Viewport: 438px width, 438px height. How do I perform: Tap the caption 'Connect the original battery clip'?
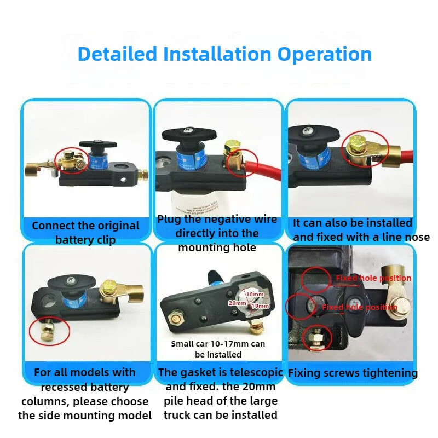85,233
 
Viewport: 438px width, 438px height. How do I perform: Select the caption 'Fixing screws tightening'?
353,373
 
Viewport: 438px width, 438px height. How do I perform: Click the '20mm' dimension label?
237,303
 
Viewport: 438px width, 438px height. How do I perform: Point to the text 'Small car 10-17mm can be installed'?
218,349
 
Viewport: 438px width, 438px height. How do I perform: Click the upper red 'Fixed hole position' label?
373,278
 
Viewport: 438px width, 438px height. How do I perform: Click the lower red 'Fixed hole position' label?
359,307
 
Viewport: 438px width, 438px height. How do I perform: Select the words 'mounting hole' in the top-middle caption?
217,247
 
